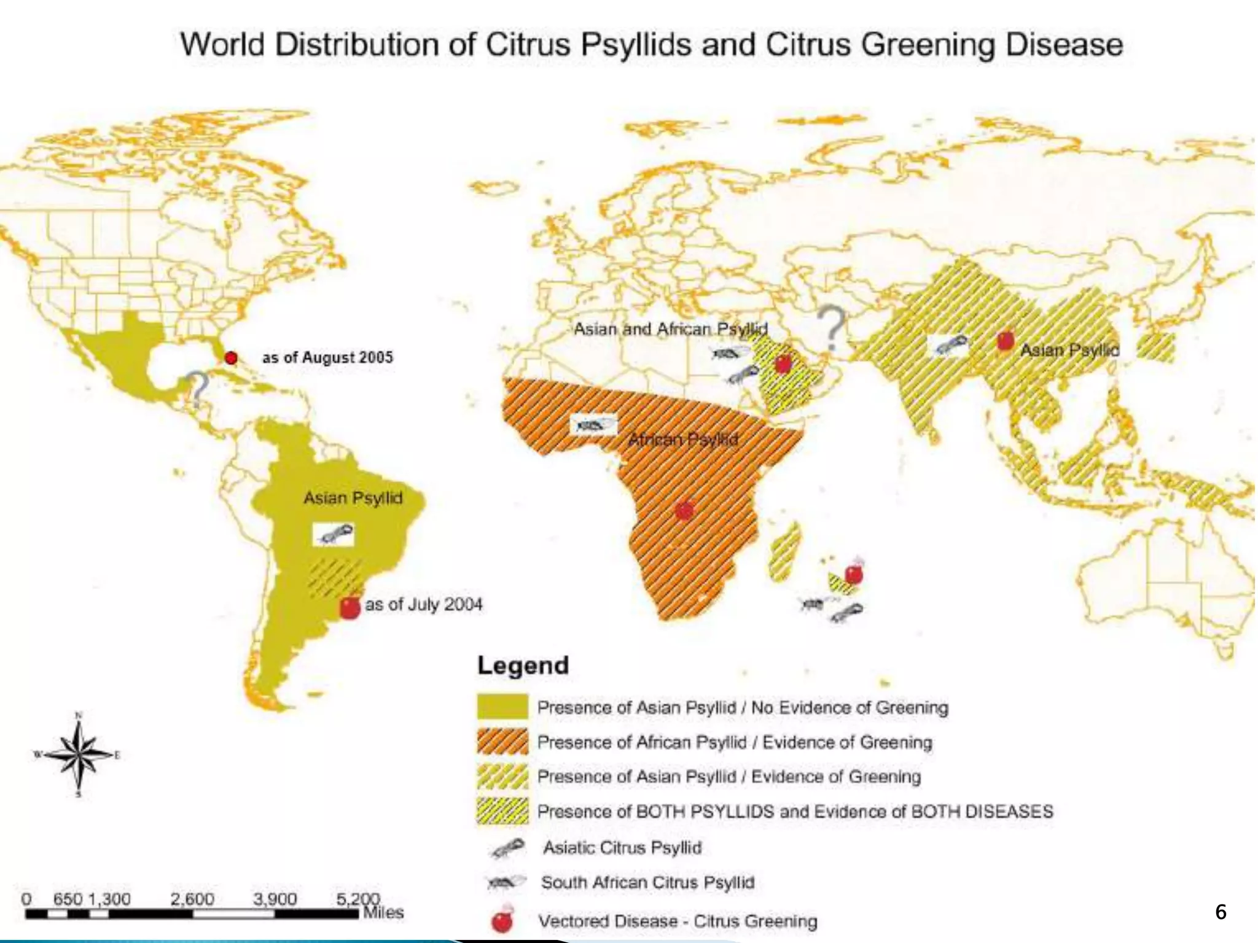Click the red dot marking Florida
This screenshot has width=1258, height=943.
click(x=231, y=357)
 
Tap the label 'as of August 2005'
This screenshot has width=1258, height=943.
click(x=327, y=357)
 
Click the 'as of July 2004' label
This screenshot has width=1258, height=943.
click(x=423, y=605)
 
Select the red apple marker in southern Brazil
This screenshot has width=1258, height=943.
click(x=350, y=607)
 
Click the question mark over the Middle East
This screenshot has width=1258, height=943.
click(x=832, y=328)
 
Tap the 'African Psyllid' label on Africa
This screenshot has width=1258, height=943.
click(x=683, y=440)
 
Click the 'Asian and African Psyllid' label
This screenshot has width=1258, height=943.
click(x=670, y=329)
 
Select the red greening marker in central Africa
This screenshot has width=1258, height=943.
click(x=684, y=510)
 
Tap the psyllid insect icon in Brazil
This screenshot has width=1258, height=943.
click(x=334, y=534)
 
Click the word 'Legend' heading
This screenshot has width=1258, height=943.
click(x=523, y=666)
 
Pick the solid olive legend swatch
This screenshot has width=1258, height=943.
click(x=502, y=707)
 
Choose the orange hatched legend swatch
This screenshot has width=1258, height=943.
click(x=502, y=742)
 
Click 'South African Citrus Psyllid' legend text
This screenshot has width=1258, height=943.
click(x=647, y=882)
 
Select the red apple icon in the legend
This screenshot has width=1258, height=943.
click(x=502, y=920)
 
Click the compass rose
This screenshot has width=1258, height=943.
click(x=79, y=755)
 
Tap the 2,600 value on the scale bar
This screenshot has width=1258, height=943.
click(x=192, y=899)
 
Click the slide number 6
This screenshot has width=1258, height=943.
click(x=1221, y=912)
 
